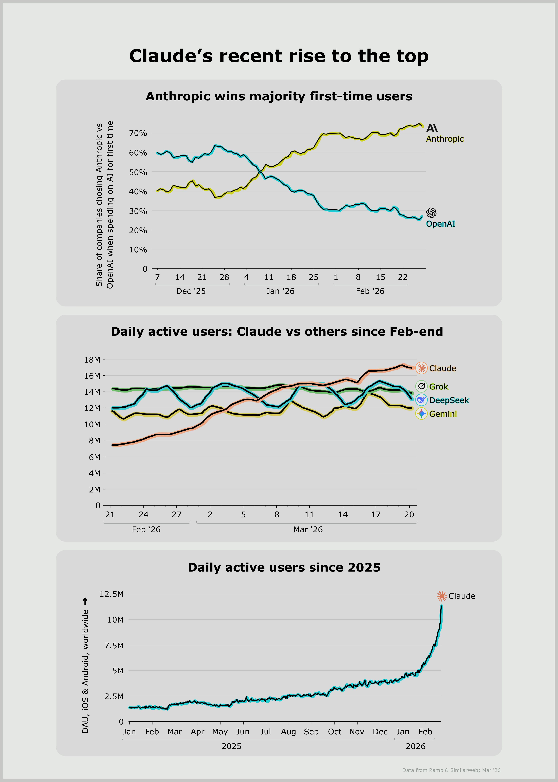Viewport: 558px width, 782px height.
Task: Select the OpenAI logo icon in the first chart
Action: pyautogui.click(x=431, y=213)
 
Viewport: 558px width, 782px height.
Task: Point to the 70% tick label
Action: pyautogui.click(x=138, y=133)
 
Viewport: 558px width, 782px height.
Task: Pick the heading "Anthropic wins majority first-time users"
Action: pyautogui.click(x=279, y=96)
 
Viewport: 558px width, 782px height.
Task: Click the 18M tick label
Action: pyautogui.click(x=92, y=360)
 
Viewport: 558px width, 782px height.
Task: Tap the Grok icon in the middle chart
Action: pyautogui.click(x=421, y=386)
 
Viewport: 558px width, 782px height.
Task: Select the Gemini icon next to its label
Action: pyautogui.click(x=421, y=414)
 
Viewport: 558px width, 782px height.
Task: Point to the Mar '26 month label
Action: pyautogui.click(x=308, y=530)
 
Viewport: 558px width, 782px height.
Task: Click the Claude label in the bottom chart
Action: pyautogui.click(x=462, y=596)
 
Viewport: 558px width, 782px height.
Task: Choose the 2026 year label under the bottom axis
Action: pyautogui.click(x=415, y=746)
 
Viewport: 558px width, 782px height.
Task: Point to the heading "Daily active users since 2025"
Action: pyautogui.click(x=284, y=567)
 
